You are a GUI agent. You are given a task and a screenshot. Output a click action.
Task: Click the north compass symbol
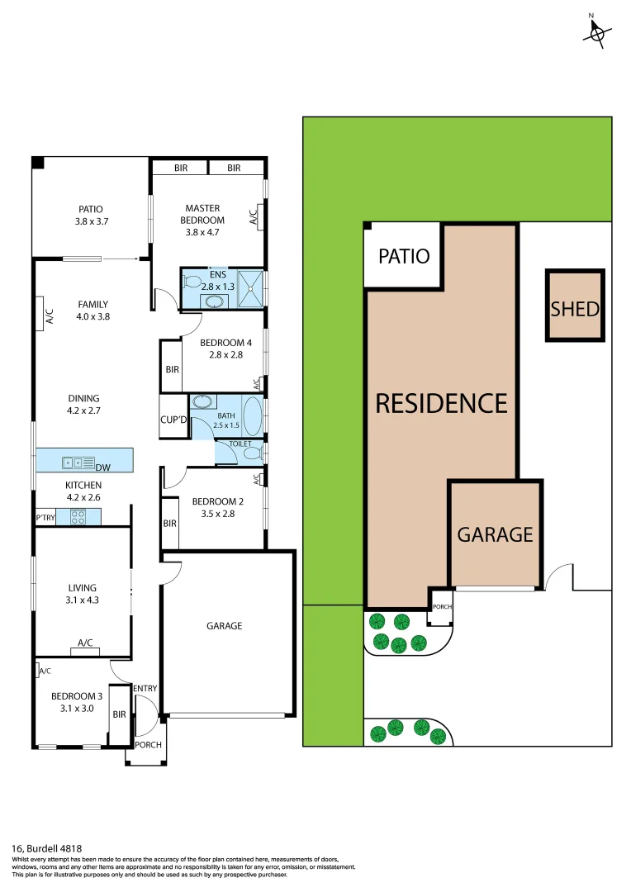tap(597, 31)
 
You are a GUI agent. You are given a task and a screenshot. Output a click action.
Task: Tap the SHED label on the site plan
tap(575, 310)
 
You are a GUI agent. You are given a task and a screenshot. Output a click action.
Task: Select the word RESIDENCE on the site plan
tap(441, 403)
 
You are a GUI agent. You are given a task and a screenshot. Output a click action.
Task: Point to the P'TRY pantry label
tap(45, 517)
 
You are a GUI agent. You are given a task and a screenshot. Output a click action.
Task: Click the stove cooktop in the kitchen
tap(79, 517)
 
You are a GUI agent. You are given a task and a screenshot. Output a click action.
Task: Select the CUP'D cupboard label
tap(174, 419)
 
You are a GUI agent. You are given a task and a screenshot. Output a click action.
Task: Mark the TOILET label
tap(240, 444)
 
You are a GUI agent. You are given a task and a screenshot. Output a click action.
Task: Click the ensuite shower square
tap(252, 288)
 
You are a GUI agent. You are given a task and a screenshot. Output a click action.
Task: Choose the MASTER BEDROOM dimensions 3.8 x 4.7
tap(204, 233)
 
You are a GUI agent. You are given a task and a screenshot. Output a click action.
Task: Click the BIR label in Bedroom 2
tap(169, 524)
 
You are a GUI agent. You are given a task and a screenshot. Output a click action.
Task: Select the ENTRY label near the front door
tap(145, 689)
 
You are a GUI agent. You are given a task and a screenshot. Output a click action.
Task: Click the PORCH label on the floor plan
tap(149, 745)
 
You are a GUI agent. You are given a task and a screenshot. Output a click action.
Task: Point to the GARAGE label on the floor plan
tap(224, 626)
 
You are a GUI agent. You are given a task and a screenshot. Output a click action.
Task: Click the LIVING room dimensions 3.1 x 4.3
tap(83, 600)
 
